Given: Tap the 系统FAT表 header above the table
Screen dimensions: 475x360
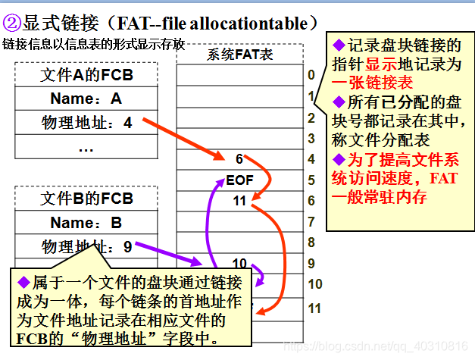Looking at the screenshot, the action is click(x=239, y=55).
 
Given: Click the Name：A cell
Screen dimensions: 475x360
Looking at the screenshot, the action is click(x=86, y=99).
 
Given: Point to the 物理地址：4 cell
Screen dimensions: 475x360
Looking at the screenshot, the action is click(x=86, y=122).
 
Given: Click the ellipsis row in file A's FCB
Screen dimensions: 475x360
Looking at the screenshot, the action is click(x=86, y=147).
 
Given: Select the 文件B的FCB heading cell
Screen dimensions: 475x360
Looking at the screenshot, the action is click(x=86, y=199).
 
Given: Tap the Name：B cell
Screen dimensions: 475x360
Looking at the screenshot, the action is click(x=86, y=223).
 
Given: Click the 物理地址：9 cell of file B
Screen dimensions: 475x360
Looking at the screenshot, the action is click(x=86, y=246).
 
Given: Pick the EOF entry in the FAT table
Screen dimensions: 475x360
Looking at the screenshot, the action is click(x=239, y=180).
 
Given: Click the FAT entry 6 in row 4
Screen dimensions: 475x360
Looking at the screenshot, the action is click(x=239, y=159).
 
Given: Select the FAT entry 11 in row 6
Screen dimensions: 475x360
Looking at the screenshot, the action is click(x=239, y=201).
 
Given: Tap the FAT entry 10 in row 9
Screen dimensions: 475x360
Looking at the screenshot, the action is click(x=239, y=264).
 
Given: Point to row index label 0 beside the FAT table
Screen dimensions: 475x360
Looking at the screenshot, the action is click(x=311, y=75).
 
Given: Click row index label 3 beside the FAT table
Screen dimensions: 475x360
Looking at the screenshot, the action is click(x=311, y=138).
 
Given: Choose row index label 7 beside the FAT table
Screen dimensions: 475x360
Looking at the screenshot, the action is click(x=311, y=222).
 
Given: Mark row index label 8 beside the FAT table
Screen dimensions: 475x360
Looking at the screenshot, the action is click(x=311, y=243).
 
